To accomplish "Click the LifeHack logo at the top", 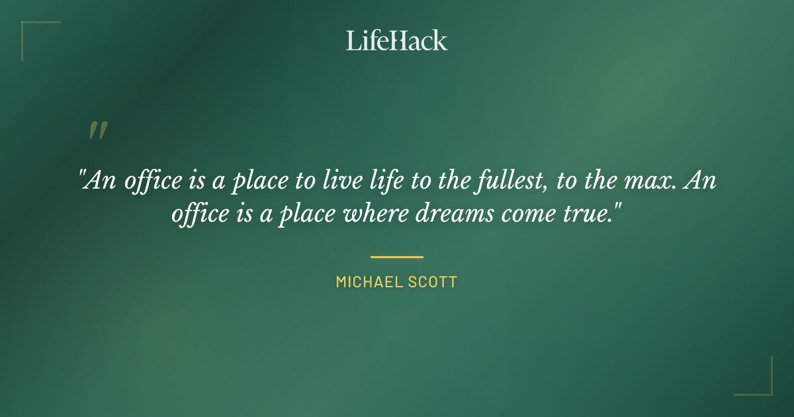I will click(x=397, y=40).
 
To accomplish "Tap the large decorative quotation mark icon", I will click(x=98, y=130).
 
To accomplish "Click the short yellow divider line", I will click(x=397, y=257).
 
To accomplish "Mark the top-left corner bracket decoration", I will click(x=33, y=33).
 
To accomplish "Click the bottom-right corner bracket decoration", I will click(x=761, y=384).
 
